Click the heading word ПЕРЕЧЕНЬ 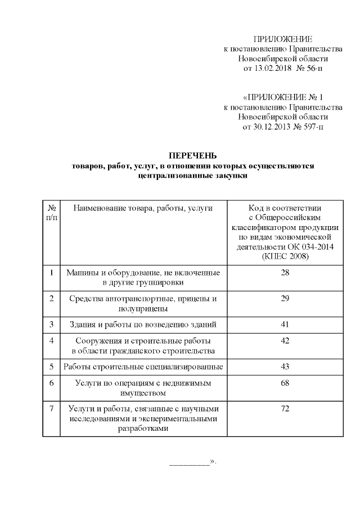pos(192,155)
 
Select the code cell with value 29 pos(285,299)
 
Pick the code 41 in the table pos(285,325)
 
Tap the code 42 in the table pos(285,341)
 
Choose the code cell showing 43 pos(285,367)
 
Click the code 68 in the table pos(285,383)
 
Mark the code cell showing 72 pos(285,409)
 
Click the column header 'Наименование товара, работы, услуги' pos(143,208)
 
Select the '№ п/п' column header pos(51,212)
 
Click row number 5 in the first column pos(51,367)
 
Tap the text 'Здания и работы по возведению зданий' pos(143,325)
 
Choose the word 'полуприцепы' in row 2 pos(143,308)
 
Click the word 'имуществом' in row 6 pos(143,393)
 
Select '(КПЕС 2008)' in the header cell pos(285,256)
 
